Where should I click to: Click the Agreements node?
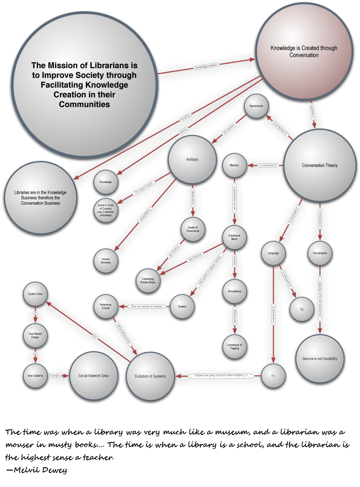point(256,107)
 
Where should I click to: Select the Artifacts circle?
point(192,160)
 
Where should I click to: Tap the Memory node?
point(234,166)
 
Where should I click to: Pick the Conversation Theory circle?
point(320,166)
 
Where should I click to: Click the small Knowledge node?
point(105,182)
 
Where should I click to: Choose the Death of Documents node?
point(193,229)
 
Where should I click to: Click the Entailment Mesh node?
point(234,236)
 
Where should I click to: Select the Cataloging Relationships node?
point(148,281)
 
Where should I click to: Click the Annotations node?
point(234,291)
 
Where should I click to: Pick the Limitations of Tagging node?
point(234,346)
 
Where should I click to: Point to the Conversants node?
point(320,253)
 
